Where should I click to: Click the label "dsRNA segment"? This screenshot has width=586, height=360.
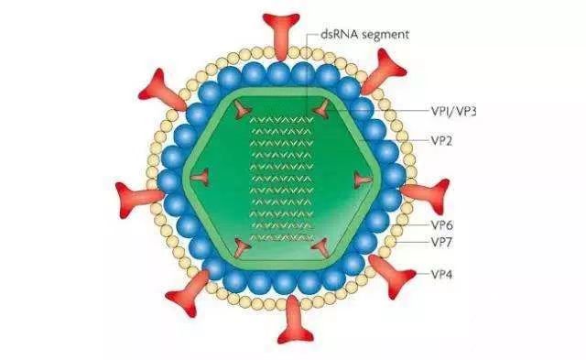click(x=364, y=35)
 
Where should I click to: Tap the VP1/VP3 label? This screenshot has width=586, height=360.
click(x=454, y=112)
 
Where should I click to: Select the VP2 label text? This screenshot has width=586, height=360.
click(x=441, y=141)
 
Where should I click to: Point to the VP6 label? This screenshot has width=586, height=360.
click(x=441, y=225)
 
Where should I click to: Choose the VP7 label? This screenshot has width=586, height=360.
click(x=441, y=242)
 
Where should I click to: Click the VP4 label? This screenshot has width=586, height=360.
click(x=441, y=275)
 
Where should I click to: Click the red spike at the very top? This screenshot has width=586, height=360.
click(x=281, y=34)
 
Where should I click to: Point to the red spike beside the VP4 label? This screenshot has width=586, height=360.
click(x=391, y=276)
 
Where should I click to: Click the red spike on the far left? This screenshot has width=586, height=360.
click(x=137, y=197)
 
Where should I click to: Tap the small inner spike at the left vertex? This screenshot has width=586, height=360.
click(x=201, y=178)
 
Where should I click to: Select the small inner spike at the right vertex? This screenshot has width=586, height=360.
click(x=363, y=180)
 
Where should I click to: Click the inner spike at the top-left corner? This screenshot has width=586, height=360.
click(x=242, y=110)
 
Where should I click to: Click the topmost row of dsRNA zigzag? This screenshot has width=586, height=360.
click(x=281, y=120)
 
